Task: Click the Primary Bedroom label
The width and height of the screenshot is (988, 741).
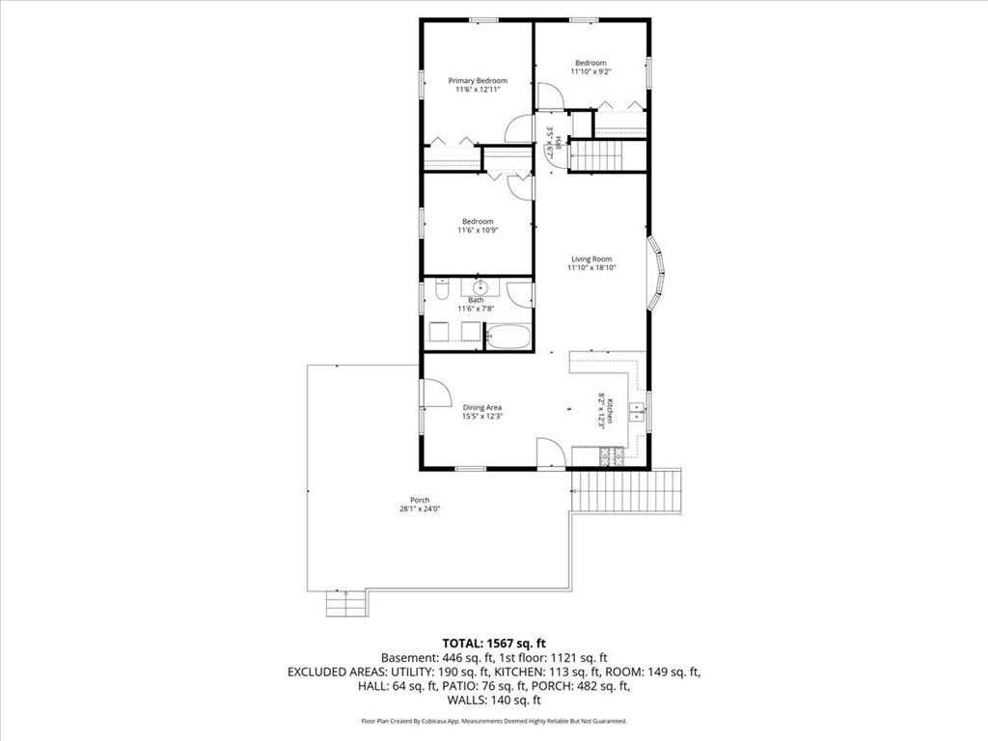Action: tap(478, 81)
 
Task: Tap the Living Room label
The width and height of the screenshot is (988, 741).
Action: tap(591, 259)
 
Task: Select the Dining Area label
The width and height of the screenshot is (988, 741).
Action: tap(482, 408)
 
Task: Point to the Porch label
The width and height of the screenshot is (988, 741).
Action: tap(420, 501)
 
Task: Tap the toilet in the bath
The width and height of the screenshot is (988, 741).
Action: tap(442, 289)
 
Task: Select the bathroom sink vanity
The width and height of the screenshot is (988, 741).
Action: tap(480, 288)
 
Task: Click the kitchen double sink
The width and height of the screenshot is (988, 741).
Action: tap(636, 411)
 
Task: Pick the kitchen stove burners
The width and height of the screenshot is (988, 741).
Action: tap(611, 456)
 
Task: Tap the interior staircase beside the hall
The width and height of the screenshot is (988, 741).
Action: tap(595, 155)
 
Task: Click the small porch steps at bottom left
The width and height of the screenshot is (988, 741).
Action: tap(346, 604)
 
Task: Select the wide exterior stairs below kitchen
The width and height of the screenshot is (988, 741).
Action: tap(626, 491)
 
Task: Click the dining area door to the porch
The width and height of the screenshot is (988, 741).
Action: tap(437, 394)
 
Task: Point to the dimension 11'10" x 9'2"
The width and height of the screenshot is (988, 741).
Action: tap(591, 71)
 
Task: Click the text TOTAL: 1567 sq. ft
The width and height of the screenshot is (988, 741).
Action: tap(494, 644)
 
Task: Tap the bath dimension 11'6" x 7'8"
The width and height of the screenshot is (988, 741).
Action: tap(476, 309)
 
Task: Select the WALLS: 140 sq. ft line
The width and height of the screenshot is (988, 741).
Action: tap(494, 700)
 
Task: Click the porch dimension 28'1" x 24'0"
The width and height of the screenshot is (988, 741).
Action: tap(420, 509)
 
